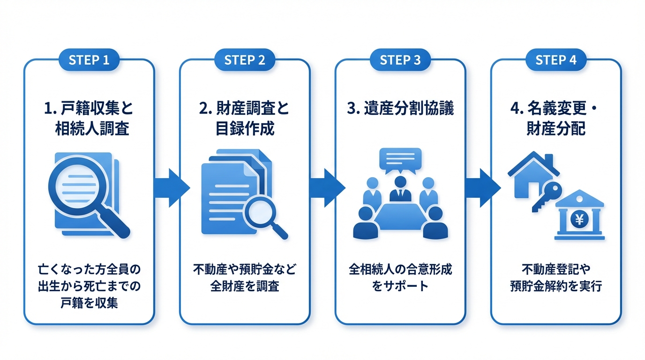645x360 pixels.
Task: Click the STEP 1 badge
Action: coord(89,60)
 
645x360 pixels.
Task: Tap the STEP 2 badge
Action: coord(245,60)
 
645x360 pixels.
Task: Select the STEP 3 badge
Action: coord(400,60)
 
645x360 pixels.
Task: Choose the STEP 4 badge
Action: coord(556,60)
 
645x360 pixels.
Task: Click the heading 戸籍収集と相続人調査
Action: coord(89,119)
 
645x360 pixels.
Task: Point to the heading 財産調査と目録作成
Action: coord(245,119)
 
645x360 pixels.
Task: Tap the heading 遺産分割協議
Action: coord(400,109)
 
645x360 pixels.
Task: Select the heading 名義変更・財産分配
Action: coord(556,119)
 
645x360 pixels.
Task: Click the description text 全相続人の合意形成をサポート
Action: coord(400,277)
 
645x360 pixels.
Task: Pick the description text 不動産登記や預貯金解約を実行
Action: coord(556,277)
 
